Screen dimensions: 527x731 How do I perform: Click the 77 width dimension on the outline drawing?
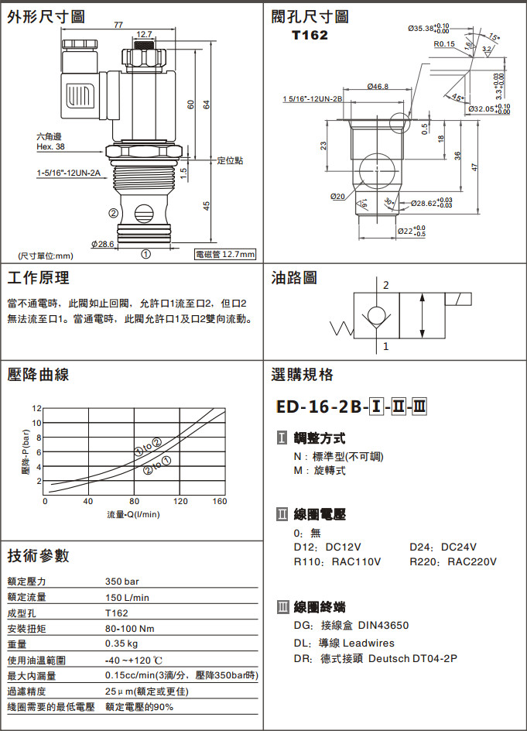(118, 26)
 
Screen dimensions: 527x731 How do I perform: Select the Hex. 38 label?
(51, 147)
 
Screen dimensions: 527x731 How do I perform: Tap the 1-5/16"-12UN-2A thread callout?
(69, 173)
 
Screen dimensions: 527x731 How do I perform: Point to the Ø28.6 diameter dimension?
(102, 244)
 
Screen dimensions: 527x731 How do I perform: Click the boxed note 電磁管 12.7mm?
(225, 255)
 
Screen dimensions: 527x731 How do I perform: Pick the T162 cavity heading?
(310, 36)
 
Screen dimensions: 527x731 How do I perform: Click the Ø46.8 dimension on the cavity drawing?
(378, 86)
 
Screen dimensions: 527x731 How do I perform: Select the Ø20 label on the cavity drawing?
(338, 196)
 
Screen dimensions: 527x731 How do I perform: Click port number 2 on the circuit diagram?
(386, 285)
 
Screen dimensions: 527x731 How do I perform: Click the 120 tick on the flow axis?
(180, 501)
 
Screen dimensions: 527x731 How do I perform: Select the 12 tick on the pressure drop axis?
(36, 408)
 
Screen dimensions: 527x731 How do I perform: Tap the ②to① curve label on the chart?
(157, 465)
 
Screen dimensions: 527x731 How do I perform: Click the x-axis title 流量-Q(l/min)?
(133, 515)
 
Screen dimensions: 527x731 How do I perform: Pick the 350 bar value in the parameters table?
(122, 582)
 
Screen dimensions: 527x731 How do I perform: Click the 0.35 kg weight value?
(121, 643)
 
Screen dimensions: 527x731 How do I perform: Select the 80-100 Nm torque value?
(129, 629)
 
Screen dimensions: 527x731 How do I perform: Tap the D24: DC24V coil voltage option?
(443, 547)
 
